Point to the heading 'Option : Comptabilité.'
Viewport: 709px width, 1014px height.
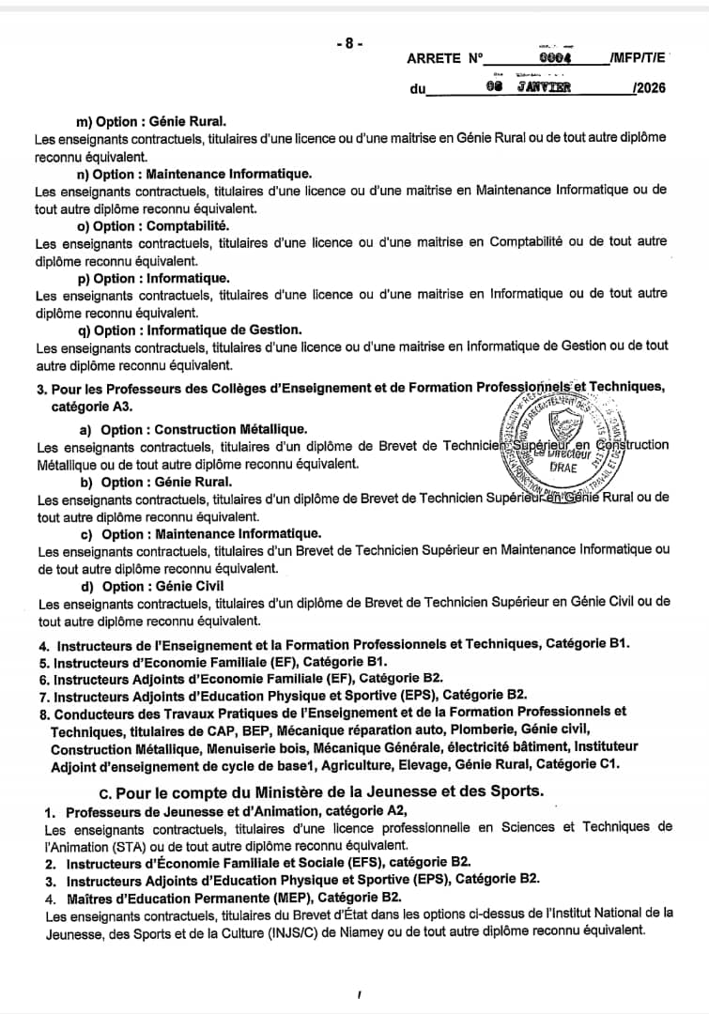point(153,226)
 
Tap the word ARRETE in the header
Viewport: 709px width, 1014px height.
point(435,58)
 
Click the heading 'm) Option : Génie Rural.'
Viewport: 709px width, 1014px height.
point(151,121)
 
